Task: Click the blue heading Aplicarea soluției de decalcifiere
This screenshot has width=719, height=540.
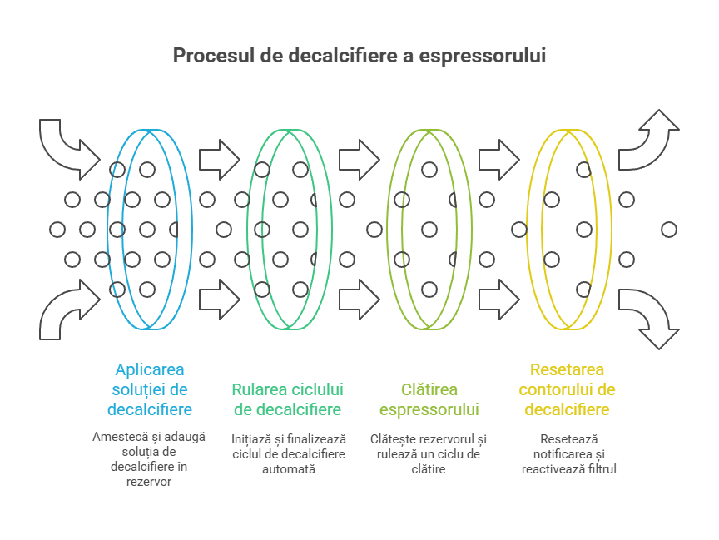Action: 150,389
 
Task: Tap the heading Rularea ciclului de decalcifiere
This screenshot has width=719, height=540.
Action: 287,399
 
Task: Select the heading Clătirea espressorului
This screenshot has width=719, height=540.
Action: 429,399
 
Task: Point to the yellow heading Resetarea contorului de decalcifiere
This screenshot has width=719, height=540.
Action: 568,389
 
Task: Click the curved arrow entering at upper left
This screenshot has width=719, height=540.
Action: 67,146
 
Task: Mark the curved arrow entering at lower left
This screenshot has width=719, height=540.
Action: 67,312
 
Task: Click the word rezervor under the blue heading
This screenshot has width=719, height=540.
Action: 149,481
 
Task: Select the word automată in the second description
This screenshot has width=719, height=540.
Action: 289,468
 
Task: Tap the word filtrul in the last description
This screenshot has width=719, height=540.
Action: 598,468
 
